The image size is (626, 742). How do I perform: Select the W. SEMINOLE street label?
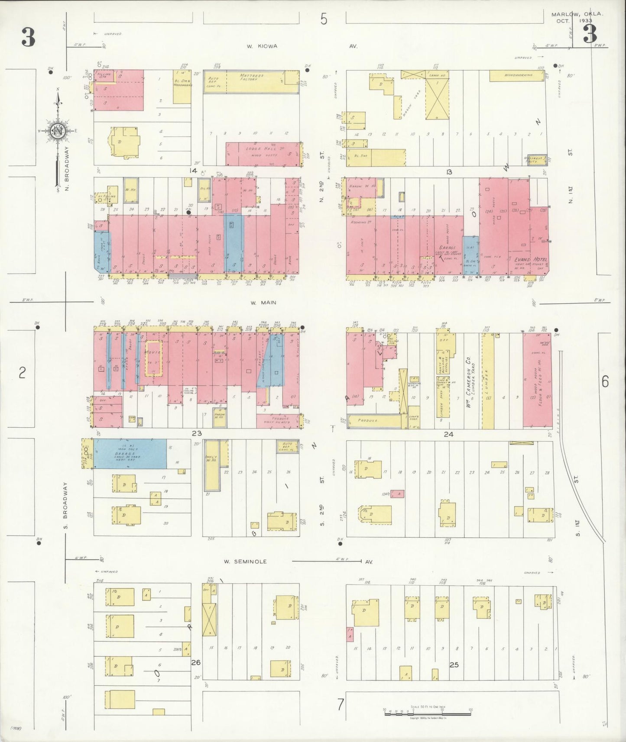[x=245, y=561]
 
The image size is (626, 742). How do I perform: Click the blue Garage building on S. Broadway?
[x=130, y=453]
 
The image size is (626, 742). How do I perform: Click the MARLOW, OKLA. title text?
[x=576, y=14]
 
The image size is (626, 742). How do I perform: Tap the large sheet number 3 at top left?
[x=29, y=38]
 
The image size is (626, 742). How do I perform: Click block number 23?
[x=197, y=433]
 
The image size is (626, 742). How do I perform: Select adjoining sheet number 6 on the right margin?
[x=605, y=381]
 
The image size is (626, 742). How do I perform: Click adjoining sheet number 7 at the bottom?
[x=341, y=705]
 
